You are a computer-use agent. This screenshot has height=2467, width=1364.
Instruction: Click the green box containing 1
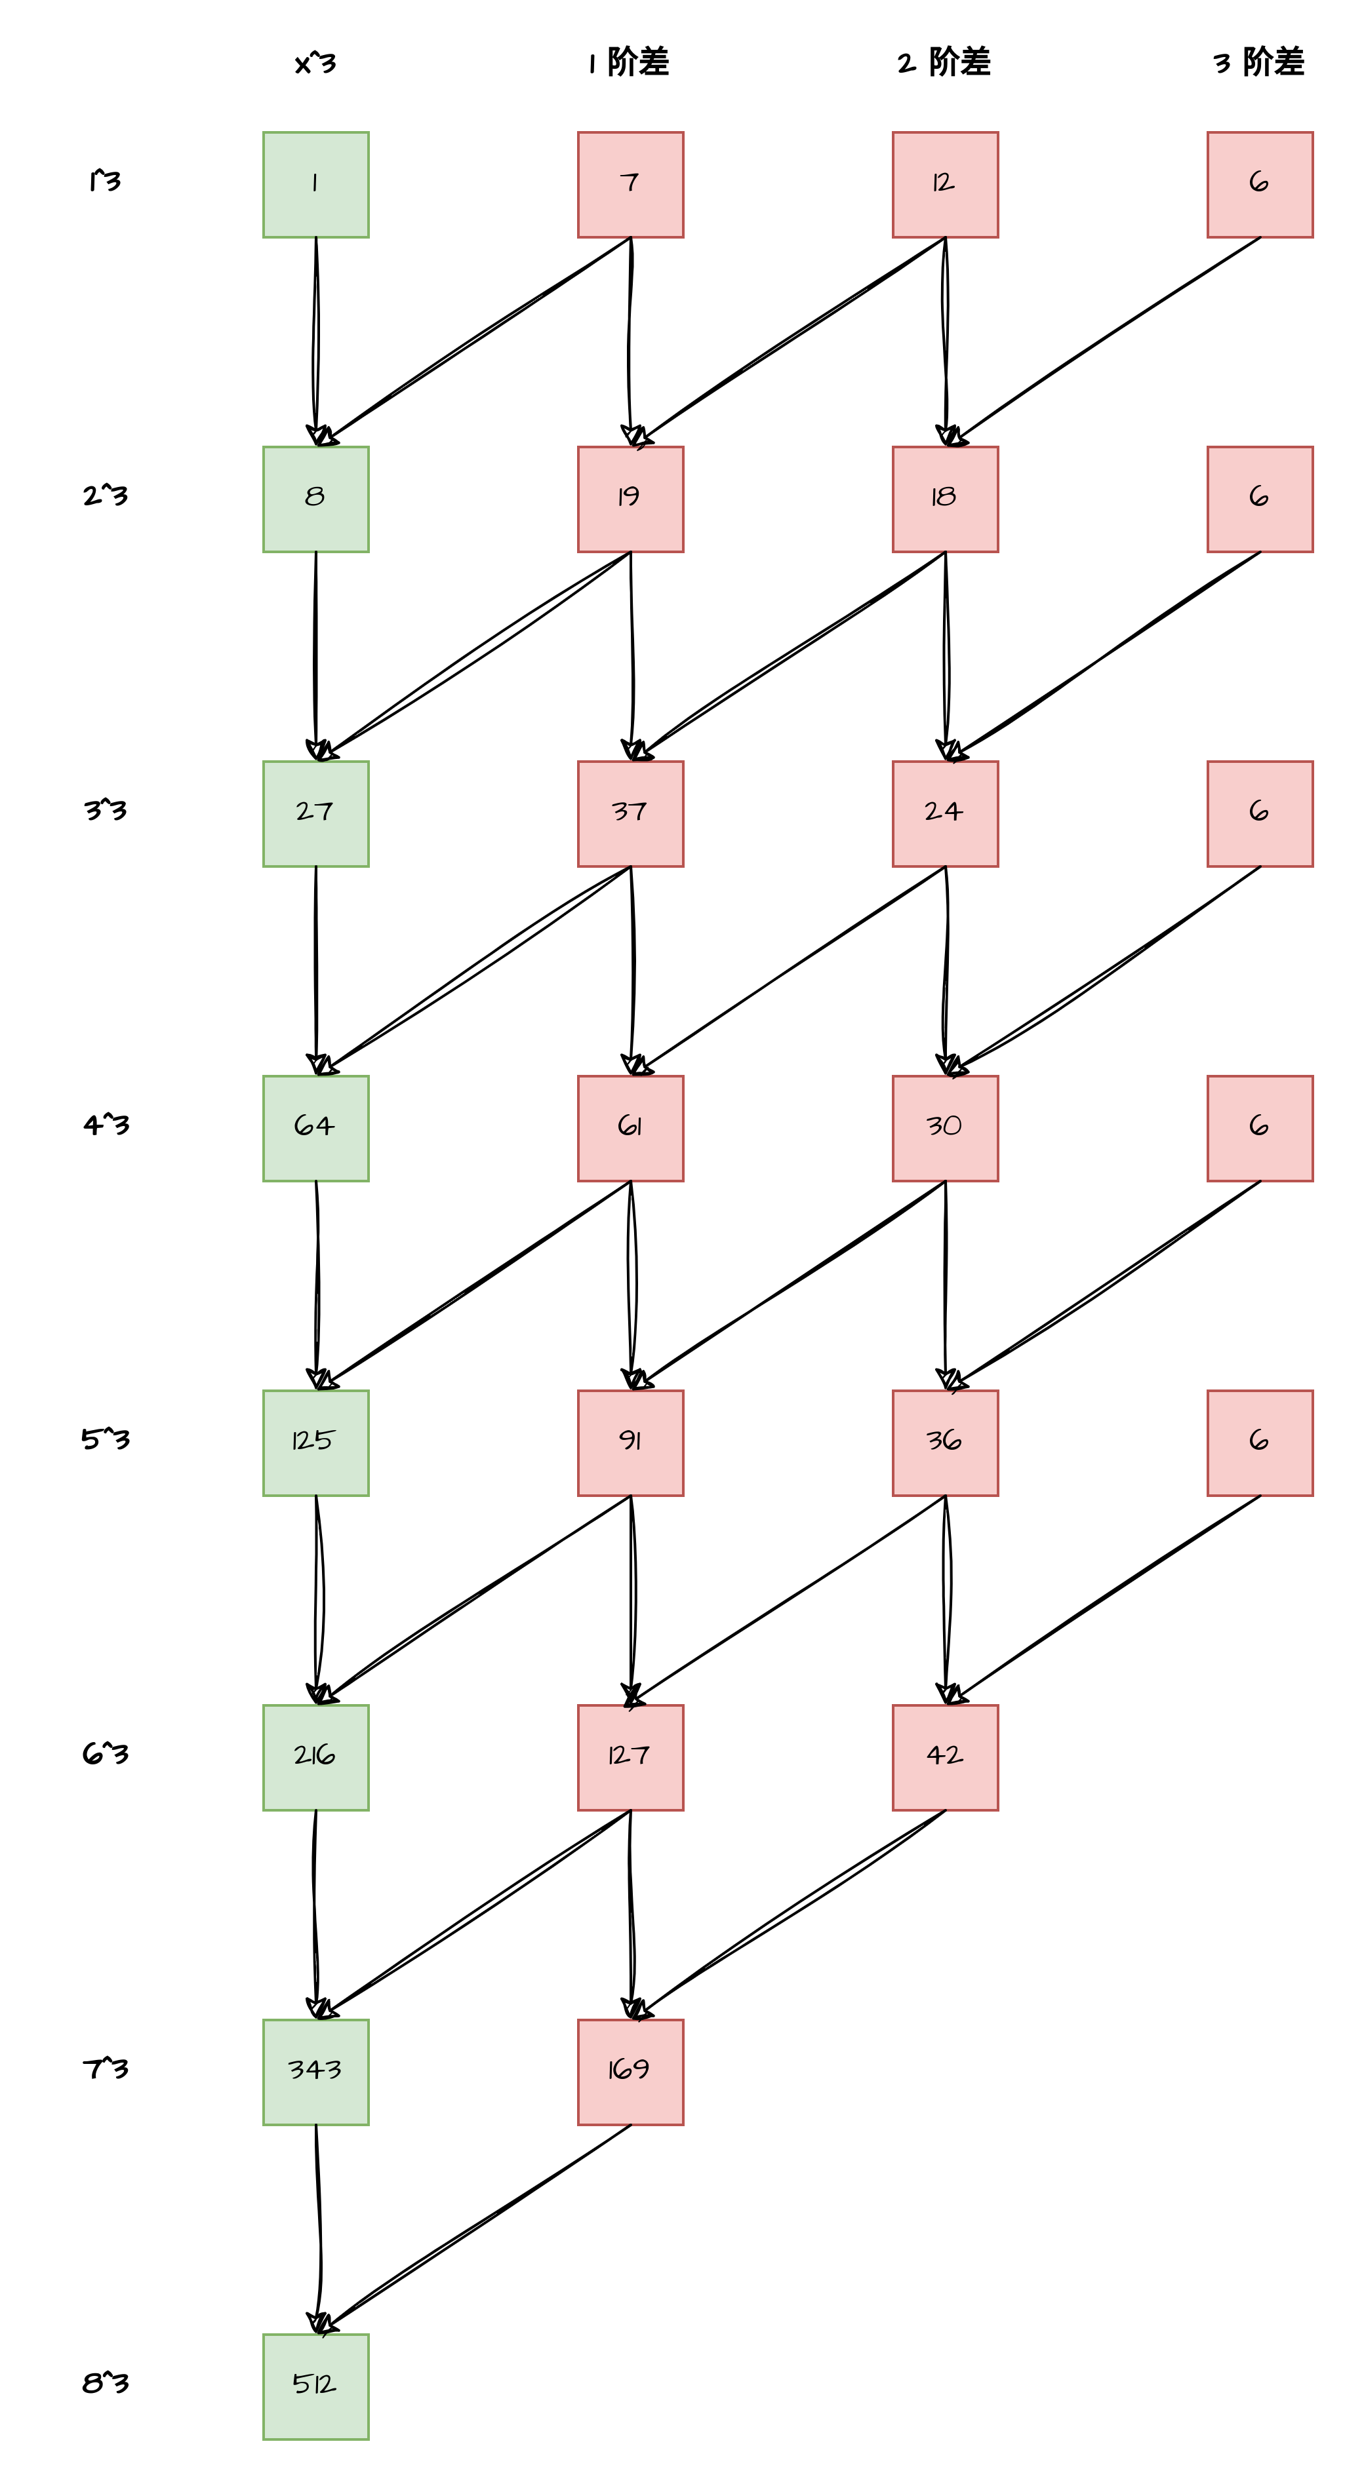click(x=315, y=184)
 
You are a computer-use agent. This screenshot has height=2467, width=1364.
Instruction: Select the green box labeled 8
click(x=315, y=499)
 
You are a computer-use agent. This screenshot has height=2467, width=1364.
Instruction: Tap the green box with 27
click(x=315, y=813)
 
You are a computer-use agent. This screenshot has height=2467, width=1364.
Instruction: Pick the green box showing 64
click(x=315, y=1128)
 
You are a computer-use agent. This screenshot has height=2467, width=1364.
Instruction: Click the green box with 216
click(x=315, y=1757)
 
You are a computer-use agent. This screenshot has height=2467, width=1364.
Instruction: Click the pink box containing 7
click(x=630, y=184)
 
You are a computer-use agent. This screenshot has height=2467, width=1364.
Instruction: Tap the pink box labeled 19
click(x=630, y=499)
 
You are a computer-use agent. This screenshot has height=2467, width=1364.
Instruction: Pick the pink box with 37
click(x=630, y=813)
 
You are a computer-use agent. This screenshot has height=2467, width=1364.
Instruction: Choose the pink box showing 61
click(x=630, y=1128)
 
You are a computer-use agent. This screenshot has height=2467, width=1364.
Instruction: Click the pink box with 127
click(x=630, y=1757)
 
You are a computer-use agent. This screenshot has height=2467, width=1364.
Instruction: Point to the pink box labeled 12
click(x=944, y=184)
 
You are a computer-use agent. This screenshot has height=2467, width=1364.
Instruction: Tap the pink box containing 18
click(x=944, y=499)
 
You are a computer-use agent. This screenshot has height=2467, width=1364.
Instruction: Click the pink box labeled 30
click(x=944, y=1128)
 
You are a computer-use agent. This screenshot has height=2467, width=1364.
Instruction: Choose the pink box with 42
click(x=944, y=1757)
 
